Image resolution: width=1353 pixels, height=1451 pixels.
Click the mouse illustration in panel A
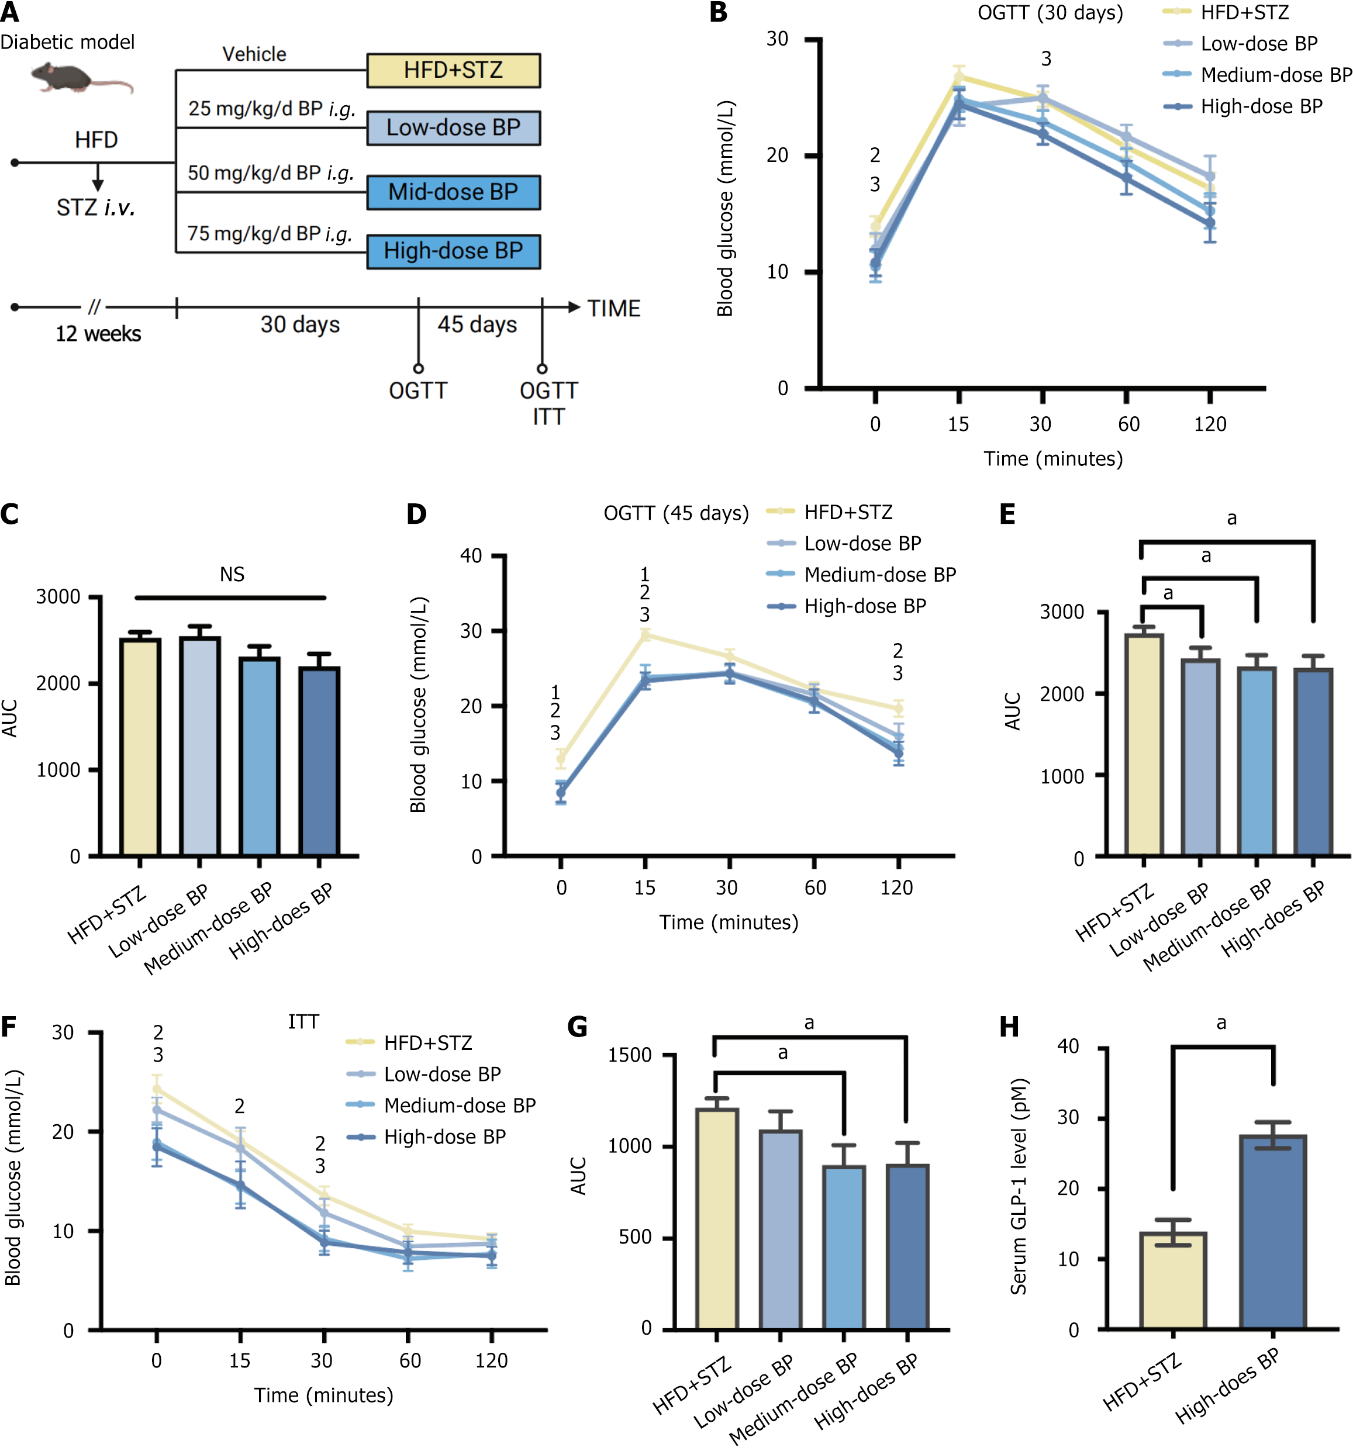click(x=79, y=77)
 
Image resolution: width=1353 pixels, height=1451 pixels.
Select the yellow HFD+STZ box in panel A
click(x=453, y=71)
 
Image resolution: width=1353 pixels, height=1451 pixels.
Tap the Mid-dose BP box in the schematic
click(x=453, y=192)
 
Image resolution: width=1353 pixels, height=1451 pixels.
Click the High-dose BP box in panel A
click(x=453, y=251)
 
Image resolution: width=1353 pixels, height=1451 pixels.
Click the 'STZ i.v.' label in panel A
click(x=96, y=208)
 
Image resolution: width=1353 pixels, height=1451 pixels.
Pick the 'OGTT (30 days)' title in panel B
click(x=1050, y=13)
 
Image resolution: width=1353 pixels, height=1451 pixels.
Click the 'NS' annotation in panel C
click(x=232, y=575)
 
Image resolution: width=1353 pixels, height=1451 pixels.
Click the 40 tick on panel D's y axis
click(x=471, y=556)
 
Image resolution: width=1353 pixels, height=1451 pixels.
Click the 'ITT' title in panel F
click(x=303, y=1022)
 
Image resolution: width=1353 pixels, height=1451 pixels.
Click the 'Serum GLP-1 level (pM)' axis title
click(x=1019, y=1186)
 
